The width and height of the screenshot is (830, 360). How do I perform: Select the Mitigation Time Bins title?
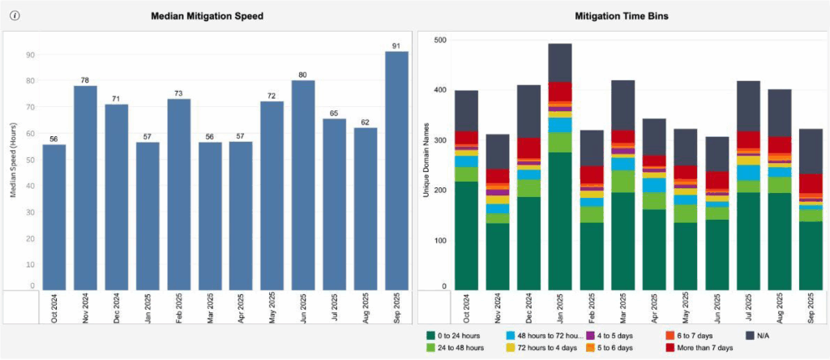pos(621,15)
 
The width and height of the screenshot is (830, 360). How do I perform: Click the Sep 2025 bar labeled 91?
pos(396,170)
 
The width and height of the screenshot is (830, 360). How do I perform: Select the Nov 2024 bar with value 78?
pos(85,186)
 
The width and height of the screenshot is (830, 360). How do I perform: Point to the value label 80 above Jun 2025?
pos(303,75)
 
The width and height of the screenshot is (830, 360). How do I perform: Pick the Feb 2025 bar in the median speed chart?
pos(178,195)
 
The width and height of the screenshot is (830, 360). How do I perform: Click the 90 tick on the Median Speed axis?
pos(30,54)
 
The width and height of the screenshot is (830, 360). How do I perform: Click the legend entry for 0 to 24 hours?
pos(459,334)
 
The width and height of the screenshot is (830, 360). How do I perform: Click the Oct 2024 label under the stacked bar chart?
pos(466,309)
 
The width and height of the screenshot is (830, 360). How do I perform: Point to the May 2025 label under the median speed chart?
pos(272,309)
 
